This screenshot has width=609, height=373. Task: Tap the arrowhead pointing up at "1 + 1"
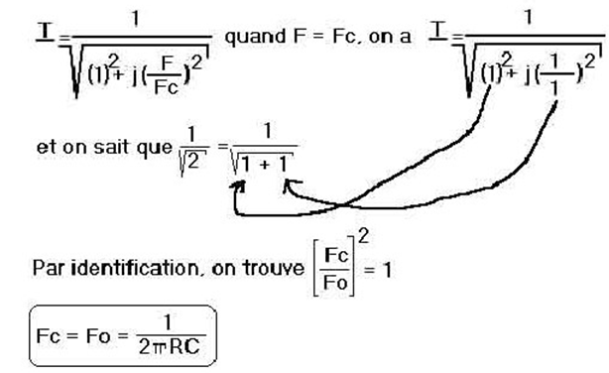click(x=288, y=182)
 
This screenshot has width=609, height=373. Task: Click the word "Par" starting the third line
click(x=45, y=268)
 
